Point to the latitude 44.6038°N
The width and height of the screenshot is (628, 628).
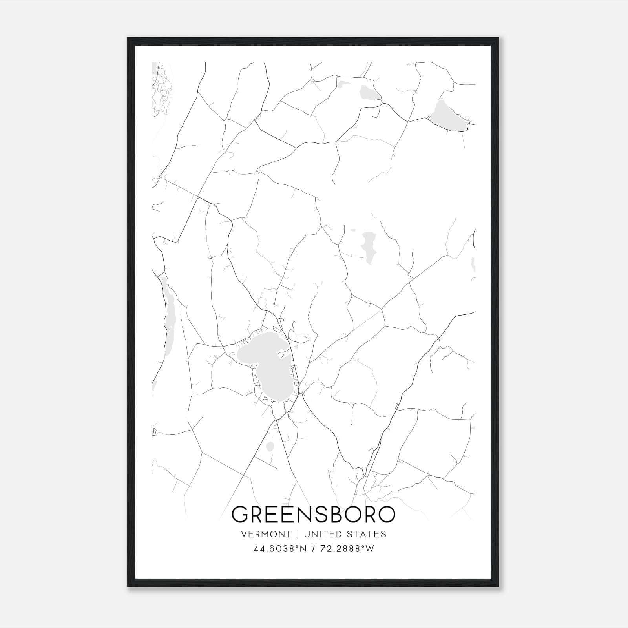click(x=279, y=549)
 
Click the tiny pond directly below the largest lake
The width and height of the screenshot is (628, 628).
click(x=270, y=446)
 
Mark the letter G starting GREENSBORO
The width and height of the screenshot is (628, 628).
click(x=241, y=514)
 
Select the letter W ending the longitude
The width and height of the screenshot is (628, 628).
click(x=370, y=549)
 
